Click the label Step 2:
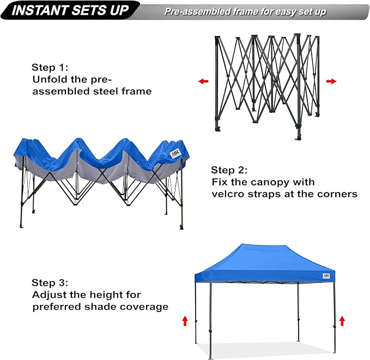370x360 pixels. pyautogui.click(x=229, y=170)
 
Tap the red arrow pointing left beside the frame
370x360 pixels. pyautogui.click(x=203, y=81)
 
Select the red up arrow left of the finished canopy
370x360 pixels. pyautogui.click(x=185, y=321)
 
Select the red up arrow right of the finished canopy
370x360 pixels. pyautogui.click(x=342, y=321)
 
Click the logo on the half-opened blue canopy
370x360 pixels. pyautogui.click(x=175, y=153)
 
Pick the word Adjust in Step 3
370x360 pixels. pyautogui.click(x=47, y=295)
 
